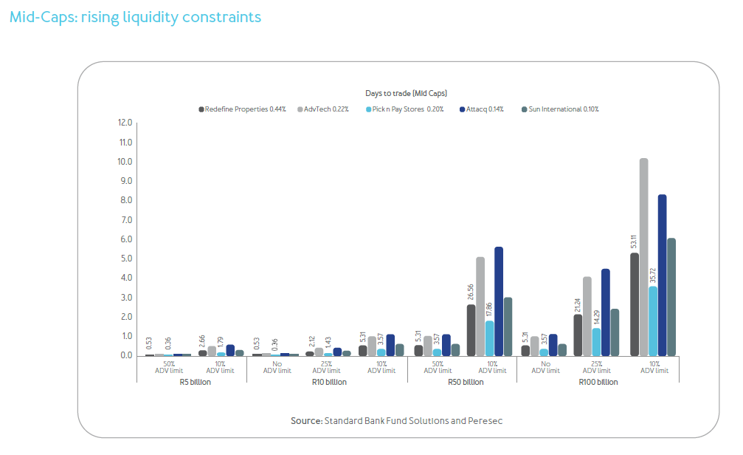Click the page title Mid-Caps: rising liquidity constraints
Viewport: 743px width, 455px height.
click(x=135, y=16)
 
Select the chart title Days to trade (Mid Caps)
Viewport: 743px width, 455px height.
click(x=406, y=93)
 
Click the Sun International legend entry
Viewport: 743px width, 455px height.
click(x=560, y=109)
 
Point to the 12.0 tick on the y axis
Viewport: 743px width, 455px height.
click(x=124, y=123)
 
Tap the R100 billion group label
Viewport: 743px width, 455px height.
click(x=598, y=382)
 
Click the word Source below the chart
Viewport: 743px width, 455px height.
click(x=305, y=420)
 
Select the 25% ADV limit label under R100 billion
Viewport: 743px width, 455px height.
click(x=598, y=367)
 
